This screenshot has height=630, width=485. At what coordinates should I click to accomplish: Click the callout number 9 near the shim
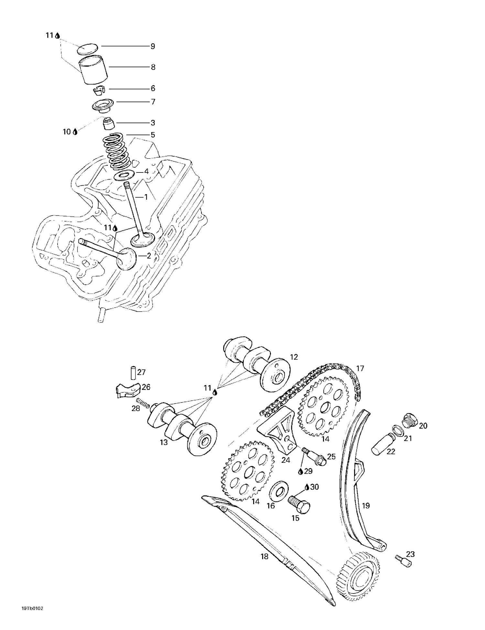click(153, 46)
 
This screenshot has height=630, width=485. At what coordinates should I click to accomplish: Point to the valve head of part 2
click(126, 259)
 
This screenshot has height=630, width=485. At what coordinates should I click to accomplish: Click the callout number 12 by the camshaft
click(294, 357)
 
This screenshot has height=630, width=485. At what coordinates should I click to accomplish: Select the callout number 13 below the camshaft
click(164, 442)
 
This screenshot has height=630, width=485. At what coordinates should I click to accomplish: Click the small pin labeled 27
click(133, 373)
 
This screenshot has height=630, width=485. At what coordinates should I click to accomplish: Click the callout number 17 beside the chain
click(360, 368)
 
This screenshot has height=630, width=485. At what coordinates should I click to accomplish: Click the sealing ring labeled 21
click(397, 431)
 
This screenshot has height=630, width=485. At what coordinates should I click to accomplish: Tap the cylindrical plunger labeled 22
click(382, 445)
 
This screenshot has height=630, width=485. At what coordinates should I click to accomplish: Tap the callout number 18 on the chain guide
click(264, 557)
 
